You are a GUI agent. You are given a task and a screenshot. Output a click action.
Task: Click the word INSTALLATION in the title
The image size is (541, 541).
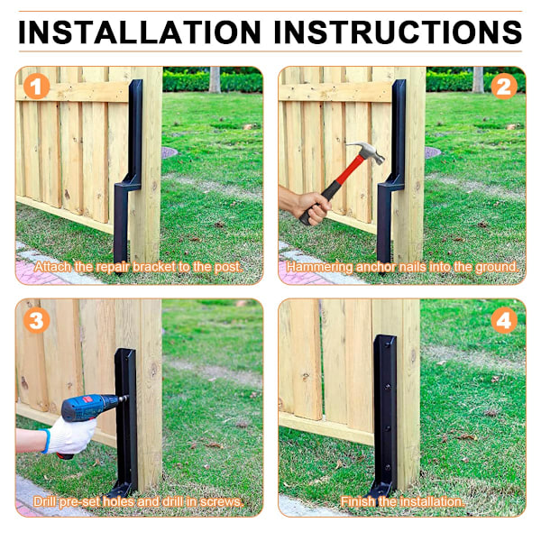pyautogui.click(x=140, y=32)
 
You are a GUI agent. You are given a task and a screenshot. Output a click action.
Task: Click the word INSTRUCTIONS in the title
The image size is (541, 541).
pyautogui.click(x=398, y=32)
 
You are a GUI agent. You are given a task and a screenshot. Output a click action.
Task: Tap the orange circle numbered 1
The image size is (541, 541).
pyautogui.click(x=37, y=86)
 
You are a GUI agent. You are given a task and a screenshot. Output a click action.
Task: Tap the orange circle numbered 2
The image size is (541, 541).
pyautogui.click(x=504, y=86)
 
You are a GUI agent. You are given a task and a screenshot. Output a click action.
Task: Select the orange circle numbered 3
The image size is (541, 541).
pyautogui.click(x=37, y=320)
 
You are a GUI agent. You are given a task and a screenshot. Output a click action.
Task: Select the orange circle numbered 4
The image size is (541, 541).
pyautogui.click(x=504, y=320)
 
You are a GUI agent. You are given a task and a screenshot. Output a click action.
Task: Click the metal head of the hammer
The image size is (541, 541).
pyautogui.click(x=368, y=151)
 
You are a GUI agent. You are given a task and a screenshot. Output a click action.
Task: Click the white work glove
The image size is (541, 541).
pyautogui.click(x=69, y=436)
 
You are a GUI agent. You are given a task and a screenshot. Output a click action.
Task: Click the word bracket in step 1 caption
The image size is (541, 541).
pyautogui.click(x=154, y=267)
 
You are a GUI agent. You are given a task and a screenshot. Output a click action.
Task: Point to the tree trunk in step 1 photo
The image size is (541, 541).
pyautogui.click(x=215, y=79)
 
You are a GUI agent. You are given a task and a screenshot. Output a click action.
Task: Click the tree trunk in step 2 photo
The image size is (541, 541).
pyautogui.click(x=478, y=79)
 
